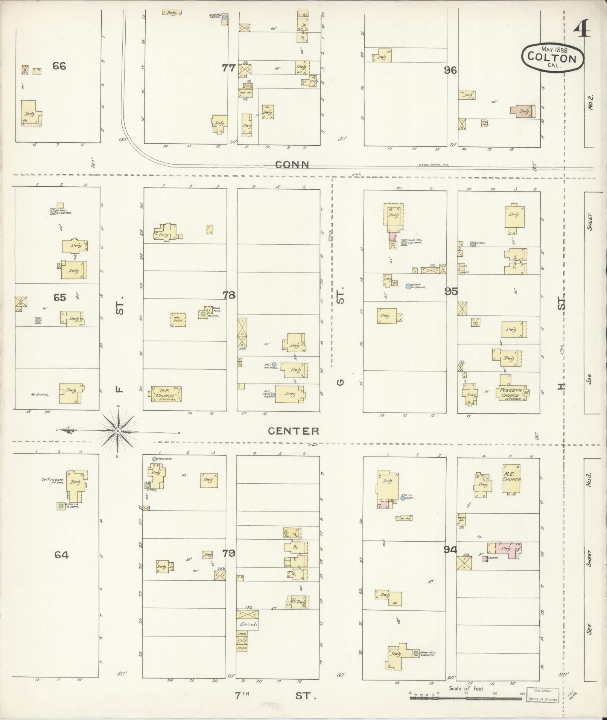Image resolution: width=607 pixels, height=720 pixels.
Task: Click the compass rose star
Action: pos(118,431)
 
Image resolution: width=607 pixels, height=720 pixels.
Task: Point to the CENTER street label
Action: pos(294,431)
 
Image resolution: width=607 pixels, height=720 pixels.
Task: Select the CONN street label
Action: pos(292,164)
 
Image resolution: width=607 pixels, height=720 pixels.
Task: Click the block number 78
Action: pos(229,295)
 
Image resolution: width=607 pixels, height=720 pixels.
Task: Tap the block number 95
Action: pos(451,291)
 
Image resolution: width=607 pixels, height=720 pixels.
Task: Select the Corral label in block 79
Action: pos(248,624)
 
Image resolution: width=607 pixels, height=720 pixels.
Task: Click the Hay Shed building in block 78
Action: pos(178,320)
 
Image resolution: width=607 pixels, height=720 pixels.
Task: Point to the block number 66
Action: pos(59,66)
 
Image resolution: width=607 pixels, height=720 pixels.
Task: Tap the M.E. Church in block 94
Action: pos(512,479)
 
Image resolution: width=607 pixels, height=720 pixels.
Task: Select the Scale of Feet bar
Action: pos(466,697)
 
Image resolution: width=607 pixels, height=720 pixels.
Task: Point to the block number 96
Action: pos(450,70)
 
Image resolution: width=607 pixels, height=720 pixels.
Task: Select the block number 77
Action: pos(228,68)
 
